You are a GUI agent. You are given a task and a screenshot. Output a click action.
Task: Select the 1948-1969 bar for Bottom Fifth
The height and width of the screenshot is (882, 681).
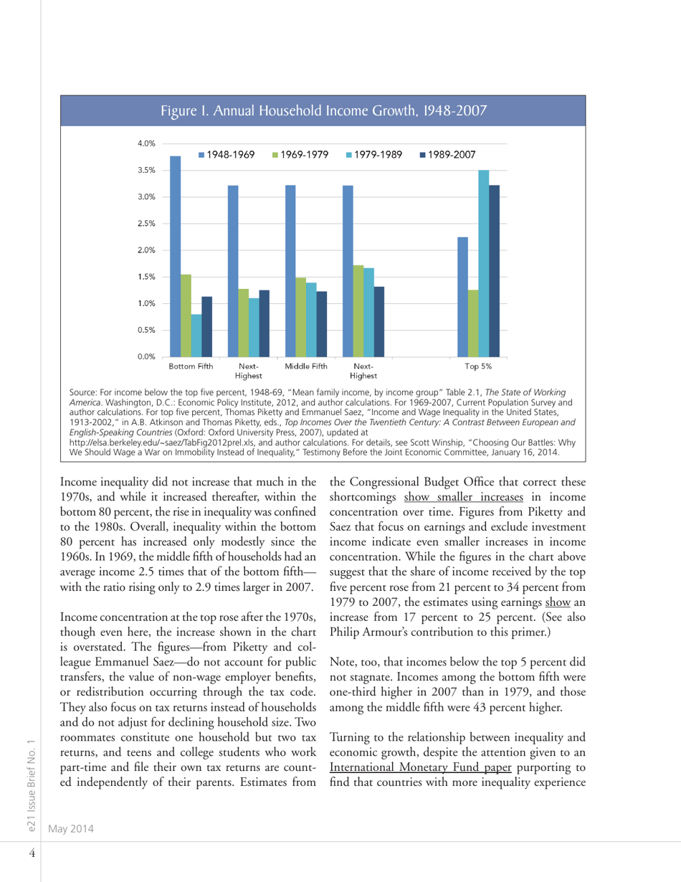pos(175,256)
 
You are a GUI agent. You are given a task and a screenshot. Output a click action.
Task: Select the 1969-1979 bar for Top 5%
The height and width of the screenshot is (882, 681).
pos(473,323)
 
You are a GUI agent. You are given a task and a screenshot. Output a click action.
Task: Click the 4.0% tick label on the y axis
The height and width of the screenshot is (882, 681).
pos(146,143)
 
